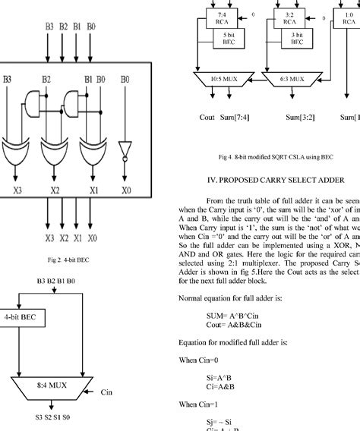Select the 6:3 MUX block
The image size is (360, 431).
[x=286, y=80]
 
